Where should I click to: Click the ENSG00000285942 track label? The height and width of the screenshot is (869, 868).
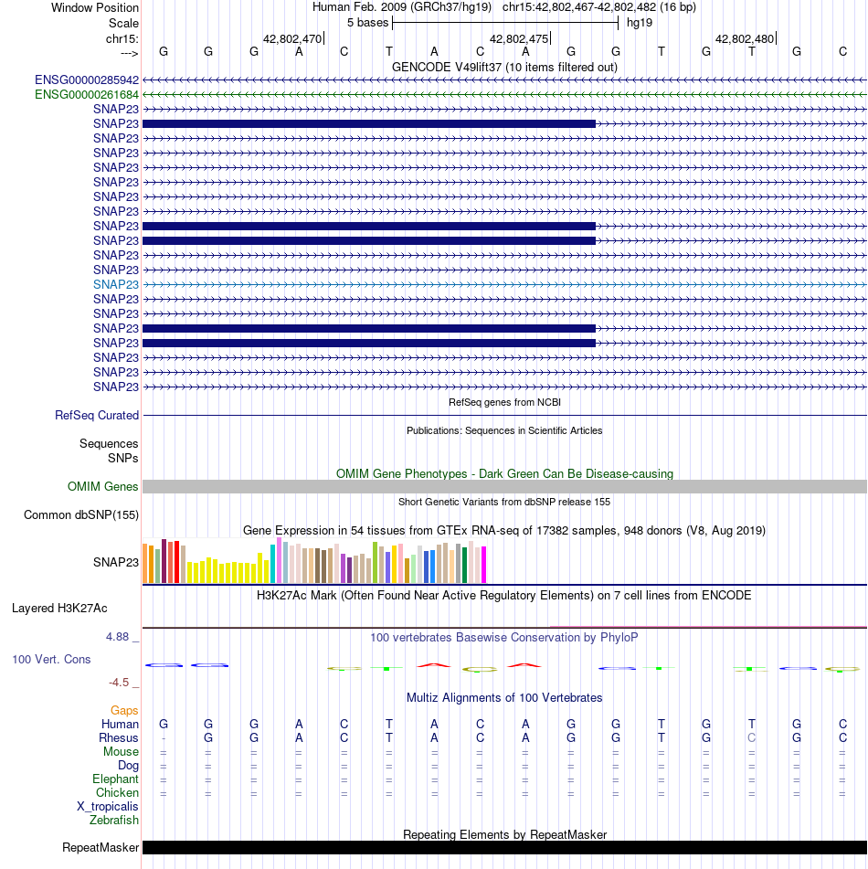click(87, 80)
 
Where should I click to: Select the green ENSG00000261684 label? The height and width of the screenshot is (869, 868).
click(87, 95)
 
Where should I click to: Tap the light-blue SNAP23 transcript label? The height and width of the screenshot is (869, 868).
click(116, 285)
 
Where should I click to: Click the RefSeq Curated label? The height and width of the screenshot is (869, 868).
click(97, 416)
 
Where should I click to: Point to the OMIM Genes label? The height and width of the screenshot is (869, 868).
click(103, 487)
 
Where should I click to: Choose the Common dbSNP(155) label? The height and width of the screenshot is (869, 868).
click(81, 514)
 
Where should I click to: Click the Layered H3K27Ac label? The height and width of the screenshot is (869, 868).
click(60, 609)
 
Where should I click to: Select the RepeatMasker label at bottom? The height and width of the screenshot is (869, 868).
click(101, 848)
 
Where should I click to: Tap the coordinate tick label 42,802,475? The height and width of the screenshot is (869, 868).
click(519, 38)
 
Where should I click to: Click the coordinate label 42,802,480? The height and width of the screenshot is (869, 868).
click(745, 38)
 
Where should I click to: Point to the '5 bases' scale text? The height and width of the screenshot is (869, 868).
click(368, 23)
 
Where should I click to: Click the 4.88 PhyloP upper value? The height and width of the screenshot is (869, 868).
click(118, 637)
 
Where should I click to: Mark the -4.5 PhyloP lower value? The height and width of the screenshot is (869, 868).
click(119, 683)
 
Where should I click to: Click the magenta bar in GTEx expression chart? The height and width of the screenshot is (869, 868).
click(484, 565)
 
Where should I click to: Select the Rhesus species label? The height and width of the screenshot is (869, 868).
click(119, 738)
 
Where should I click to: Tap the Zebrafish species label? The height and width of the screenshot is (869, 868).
click(114, 821)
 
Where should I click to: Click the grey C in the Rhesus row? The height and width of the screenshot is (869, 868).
click(752, 738)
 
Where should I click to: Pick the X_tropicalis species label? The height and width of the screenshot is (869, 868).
click(108, 807)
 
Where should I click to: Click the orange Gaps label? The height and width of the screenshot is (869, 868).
click(124, 711)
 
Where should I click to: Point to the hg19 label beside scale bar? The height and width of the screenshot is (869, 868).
click(640, 23)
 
